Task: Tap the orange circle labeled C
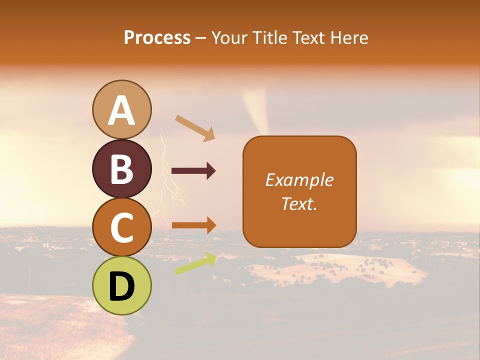click(121, 227)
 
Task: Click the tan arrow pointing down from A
click(195, 128)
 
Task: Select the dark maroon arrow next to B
click(193, 171)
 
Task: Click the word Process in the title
click(157, 38)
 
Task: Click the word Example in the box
click(299, 180)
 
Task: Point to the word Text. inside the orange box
click(299, 203)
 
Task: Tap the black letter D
click(121, 287)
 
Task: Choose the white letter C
click(121, 228)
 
